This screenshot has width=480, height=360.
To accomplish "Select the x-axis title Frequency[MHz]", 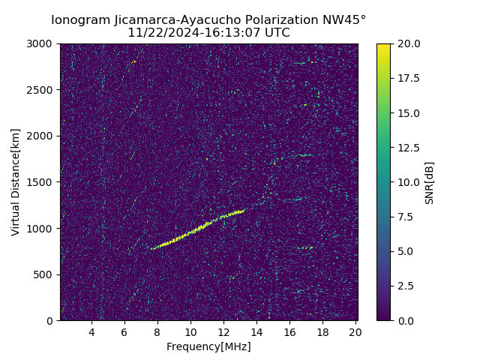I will [208, 346].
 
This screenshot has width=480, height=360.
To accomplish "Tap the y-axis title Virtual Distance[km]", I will [16, 182].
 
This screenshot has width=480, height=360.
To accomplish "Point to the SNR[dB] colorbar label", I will [430, 182].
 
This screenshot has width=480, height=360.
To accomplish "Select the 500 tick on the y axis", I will [43, 274].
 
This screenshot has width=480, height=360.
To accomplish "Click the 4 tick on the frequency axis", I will [91, 332].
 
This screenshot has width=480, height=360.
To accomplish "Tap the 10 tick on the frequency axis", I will [190, 332].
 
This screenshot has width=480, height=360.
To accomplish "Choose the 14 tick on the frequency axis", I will [256, 332].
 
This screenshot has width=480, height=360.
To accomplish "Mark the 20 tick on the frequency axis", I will [355, 332].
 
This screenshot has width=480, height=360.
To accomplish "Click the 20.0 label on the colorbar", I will [407, 44].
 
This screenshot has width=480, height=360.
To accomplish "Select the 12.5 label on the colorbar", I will [407, 148].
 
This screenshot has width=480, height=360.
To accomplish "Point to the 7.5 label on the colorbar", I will [405, 217].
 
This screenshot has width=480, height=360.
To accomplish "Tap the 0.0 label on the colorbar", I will [405, 320].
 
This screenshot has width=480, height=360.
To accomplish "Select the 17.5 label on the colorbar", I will [407, 79].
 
